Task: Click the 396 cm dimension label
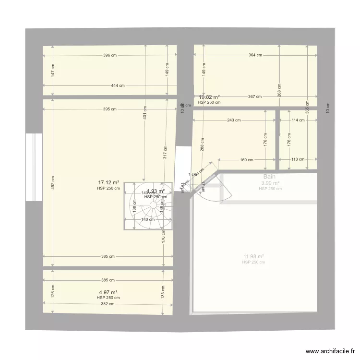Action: (x=110, y=55)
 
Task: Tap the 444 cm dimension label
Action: (x=118, y=86)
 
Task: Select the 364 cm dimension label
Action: (x=255, y=55)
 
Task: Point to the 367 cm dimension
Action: (x=254, y=97)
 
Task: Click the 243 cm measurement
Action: (x=234, y=120)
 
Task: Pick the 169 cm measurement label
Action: (x=247, y=160)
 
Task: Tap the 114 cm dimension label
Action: (x=298, y=120)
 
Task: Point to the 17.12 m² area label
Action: (x=108, y=183)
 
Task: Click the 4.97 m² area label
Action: (x=108, y=292)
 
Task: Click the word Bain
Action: (x=269, y=177)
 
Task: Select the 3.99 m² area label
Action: (x=270, y=183)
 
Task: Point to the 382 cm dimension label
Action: (x=108, y=303)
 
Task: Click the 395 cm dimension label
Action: (x=109, y=109)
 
